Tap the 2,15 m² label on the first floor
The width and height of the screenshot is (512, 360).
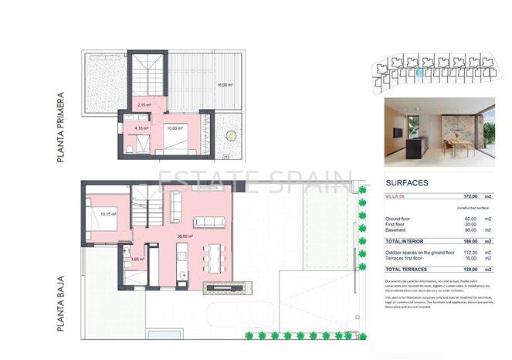pos(144,104)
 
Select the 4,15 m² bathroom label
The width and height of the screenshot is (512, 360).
pos(141,128)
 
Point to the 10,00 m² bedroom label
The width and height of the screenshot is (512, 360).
pos(175,128)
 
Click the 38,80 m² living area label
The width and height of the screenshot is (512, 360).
pos(185,236)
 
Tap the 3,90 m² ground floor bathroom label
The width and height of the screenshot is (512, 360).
pos(138,259)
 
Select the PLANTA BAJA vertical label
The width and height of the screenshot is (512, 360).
pos(60,303)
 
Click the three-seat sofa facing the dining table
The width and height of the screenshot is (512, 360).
pos(209,222)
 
